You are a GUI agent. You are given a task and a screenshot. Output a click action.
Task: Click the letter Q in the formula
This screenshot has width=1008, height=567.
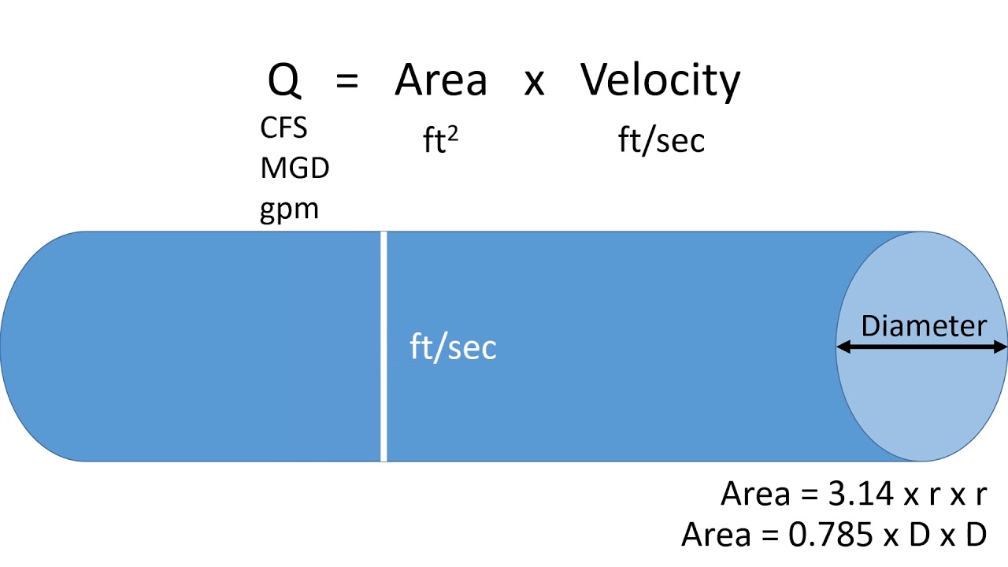pos(284,81)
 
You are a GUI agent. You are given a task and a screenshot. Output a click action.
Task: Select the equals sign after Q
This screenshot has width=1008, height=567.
pos(347,81)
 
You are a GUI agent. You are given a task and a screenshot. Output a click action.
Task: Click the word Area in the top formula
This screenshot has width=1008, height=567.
pos(441,80)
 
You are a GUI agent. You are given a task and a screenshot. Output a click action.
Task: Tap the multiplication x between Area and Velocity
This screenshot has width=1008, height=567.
pos(534,83)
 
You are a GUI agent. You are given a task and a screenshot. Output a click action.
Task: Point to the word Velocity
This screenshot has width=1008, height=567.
pos(660,82)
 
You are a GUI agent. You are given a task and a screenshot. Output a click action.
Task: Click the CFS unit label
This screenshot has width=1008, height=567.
pos(283,128)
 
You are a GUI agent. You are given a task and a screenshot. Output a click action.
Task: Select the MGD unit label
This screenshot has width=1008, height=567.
pos(295,169)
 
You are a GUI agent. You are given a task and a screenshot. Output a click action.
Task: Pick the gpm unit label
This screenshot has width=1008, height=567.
pos(289,210)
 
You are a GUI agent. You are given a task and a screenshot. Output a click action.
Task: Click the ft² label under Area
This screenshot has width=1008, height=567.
pos(440,139)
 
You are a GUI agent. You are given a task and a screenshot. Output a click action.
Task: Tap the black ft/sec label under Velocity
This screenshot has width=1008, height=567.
pos(661,140)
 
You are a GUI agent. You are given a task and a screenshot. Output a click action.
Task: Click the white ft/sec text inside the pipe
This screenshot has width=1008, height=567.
pos(453,347)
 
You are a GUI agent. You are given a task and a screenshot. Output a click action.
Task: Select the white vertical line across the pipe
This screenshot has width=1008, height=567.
pos(384,346)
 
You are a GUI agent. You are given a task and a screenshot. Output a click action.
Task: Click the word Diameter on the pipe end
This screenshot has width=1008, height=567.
pos(924,326)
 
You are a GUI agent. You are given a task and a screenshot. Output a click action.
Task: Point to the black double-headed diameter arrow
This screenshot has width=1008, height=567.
pos(921,347)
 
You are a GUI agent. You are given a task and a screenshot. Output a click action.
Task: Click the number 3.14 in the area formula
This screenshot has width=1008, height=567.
pos(861,494)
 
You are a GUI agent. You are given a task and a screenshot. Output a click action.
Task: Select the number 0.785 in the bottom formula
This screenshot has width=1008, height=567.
pos(831,535)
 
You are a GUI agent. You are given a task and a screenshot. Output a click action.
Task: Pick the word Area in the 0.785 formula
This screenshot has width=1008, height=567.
pos(716,535)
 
